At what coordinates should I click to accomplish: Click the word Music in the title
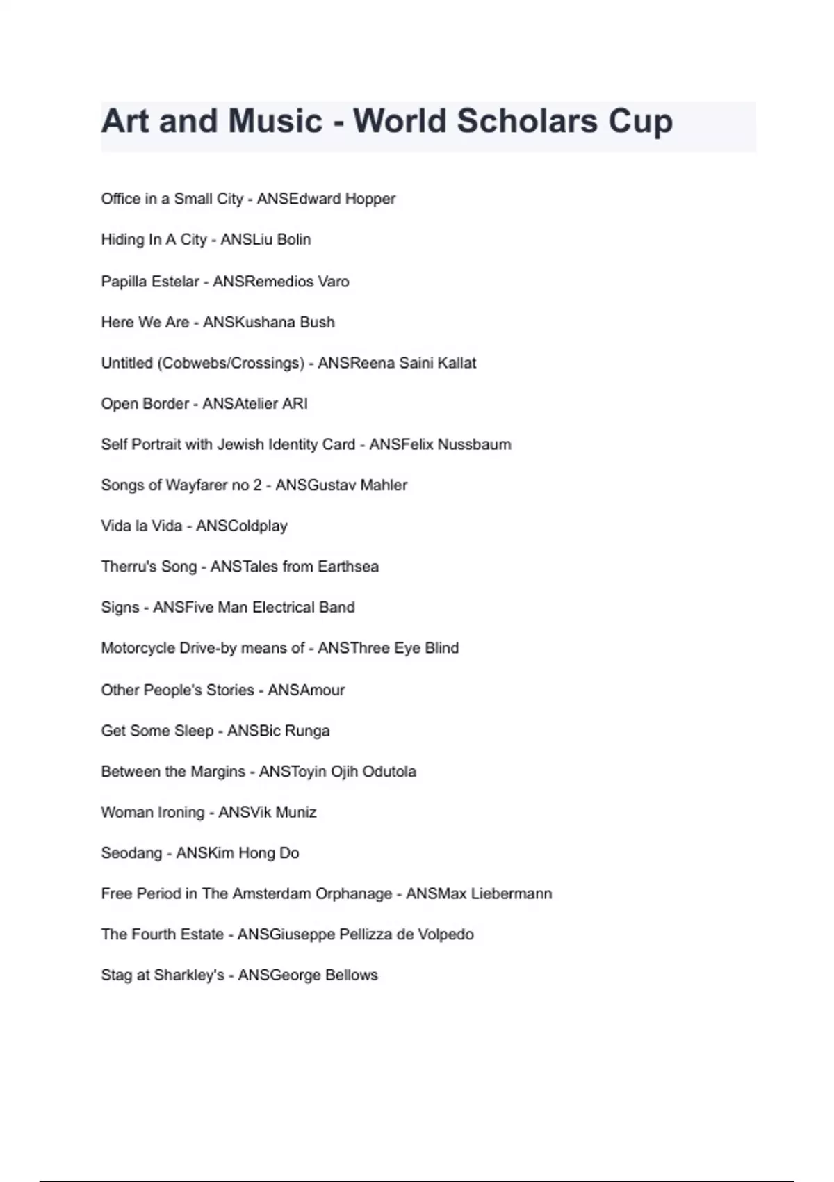pos(275,122)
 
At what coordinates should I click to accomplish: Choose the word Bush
pos(317,323)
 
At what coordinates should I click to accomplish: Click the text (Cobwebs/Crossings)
pos(233,364)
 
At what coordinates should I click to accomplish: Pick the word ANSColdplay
pos(242,526)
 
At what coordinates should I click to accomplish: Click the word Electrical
pos(283,608)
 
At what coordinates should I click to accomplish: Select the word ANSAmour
pos(306,690)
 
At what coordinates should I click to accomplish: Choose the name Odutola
pos(389,772)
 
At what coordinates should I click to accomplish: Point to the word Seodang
pos(131,853)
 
